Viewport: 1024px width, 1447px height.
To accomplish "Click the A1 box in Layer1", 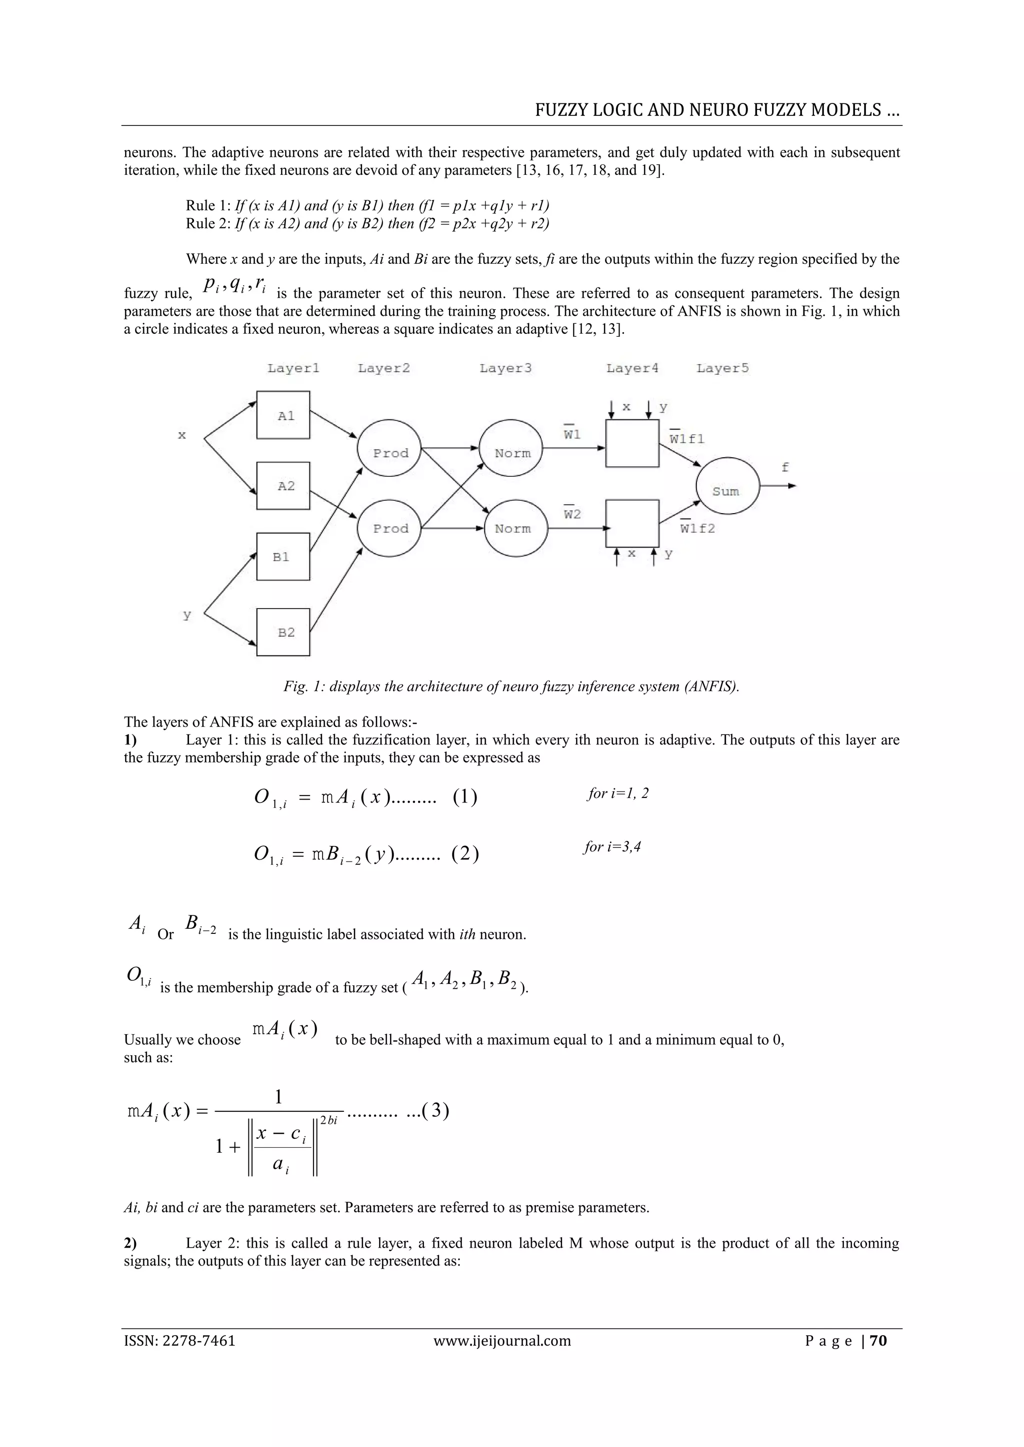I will (283, 415).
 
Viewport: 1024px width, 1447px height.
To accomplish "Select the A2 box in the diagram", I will (283, 485).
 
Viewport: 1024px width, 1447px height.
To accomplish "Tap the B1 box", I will (283, 557).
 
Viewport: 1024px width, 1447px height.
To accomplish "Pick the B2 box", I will (283, 632).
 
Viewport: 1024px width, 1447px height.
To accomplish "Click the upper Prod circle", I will (389, 452).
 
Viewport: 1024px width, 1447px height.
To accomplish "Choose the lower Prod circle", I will (389, 528).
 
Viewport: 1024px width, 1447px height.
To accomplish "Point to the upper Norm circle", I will (511, 452).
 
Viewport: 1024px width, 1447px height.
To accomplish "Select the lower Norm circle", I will (511, 528).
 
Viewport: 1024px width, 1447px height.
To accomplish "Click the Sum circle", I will (727, 490).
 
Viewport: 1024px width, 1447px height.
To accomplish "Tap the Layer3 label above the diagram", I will (505, 368).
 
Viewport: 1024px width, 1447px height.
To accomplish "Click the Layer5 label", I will (722, 368).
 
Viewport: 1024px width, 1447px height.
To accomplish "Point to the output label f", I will (785, 467).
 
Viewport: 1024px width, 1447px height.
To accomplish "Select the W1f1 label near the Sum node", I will (686, 439).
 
